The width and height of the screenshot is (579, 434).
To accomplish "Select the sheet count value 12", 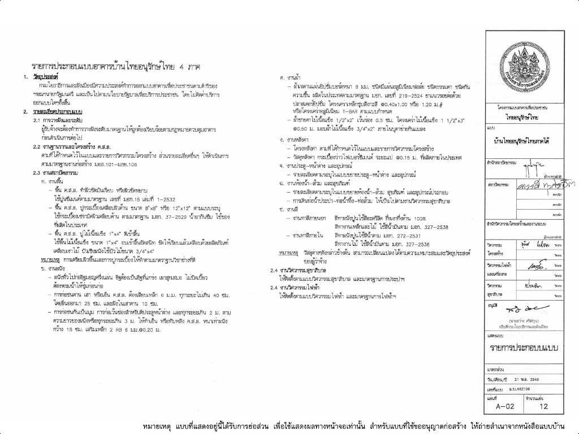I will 544,405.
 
